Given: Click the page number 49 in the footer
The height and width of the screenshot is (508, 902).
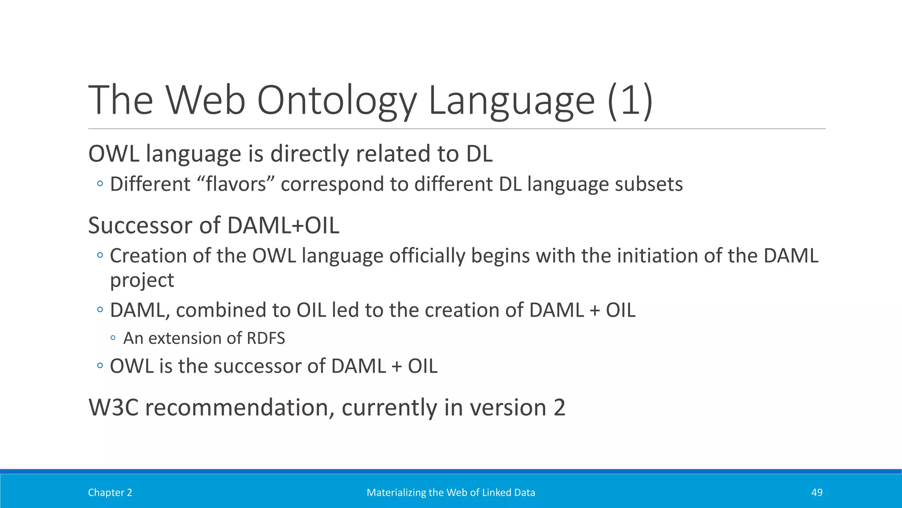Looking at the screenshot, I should pyautogui.click(x=817, y=493).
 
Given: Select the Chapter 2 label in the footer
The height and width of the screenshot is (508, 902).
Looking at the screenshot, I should pyautogui.click(x=110, y=493).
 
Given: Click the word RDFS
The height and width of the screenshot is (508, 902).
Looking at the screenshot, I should pyautogui.click(x=266, y=338).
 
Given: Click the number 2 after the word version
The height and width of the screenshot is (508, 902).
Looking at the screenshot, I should pyautogui.click(x=559, y=407).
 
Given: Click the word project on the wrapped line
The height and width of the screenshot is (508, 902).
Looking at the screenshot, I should pyautogui.click(x=142, y=280).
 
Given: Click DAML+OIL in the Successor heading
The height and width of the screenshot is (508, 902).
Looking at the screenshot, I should pyautogui.click(x=283, y=226).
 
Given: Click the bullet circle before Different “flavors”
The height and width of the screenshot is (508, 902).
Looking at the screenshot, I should pyautogui.click(x=100, y=184).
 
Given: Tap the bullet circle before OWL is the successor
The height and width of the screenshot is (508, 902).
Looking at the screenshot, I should pyautogui.click(x=100, y=366).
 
